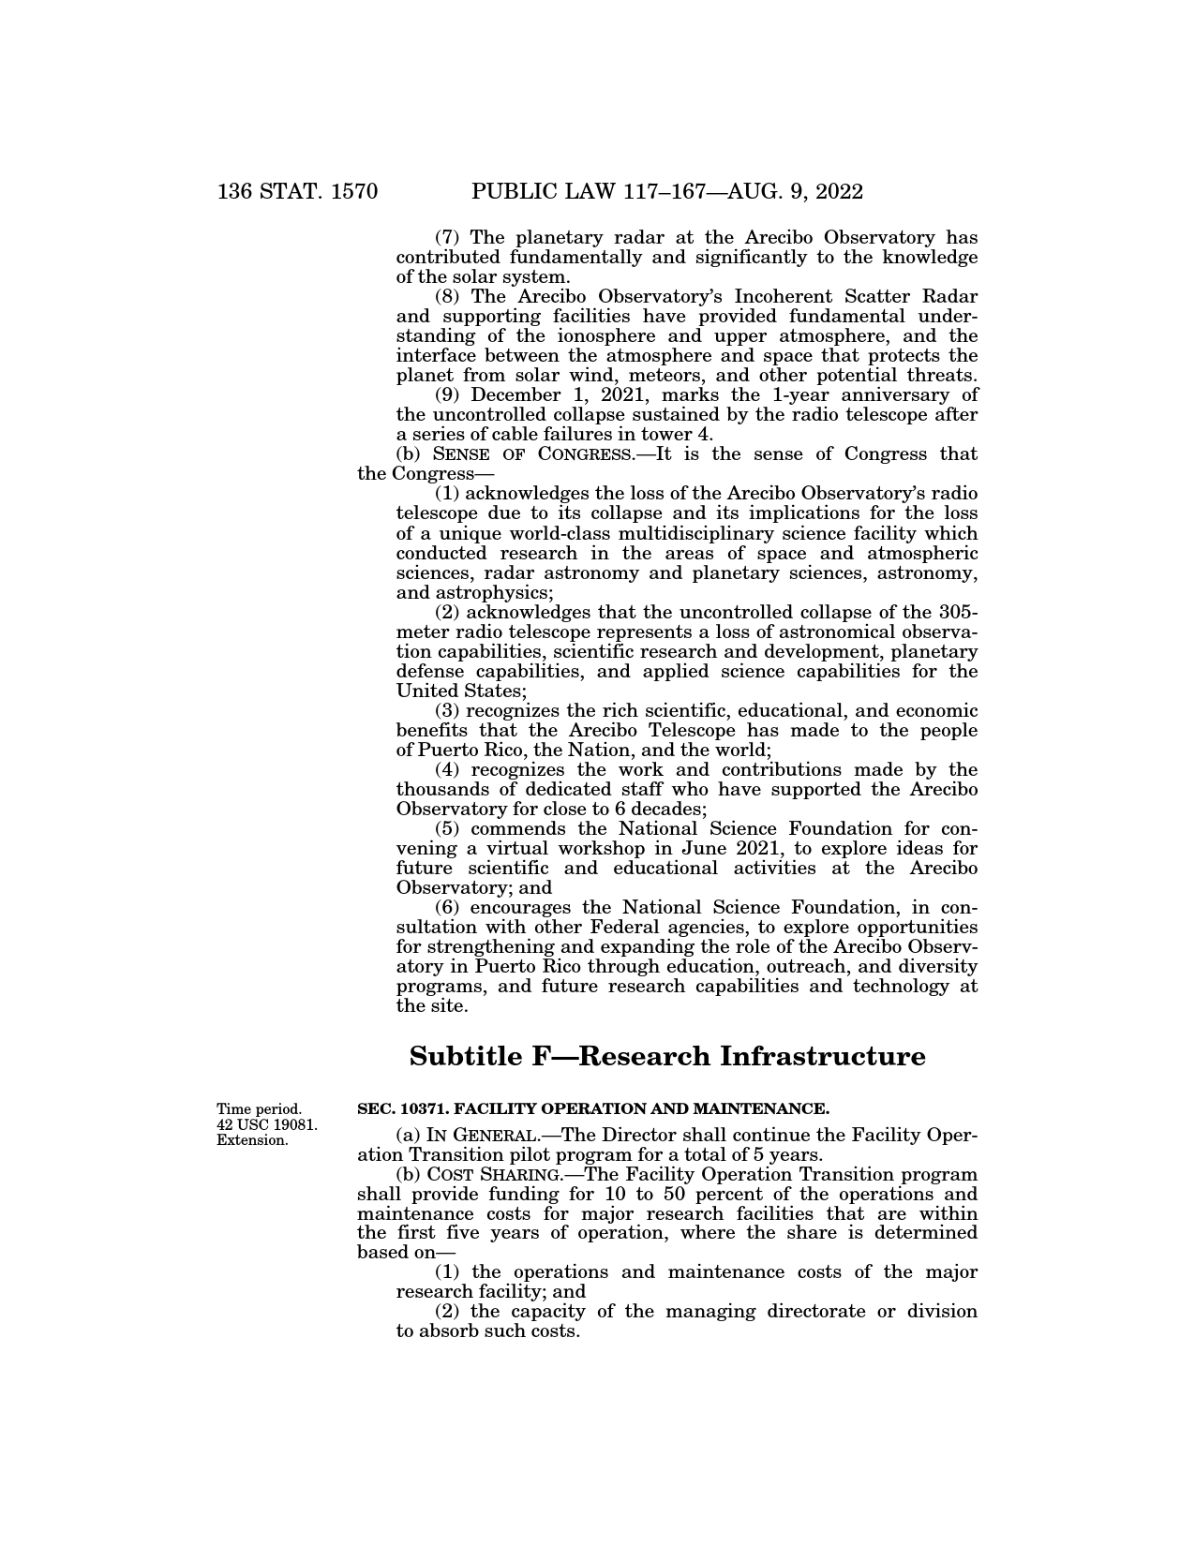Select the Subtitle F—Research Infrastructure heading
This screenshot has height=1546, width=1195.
[x=667, y=1056]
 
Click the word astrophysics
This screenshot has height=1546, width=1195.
[x=494, y=592]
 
